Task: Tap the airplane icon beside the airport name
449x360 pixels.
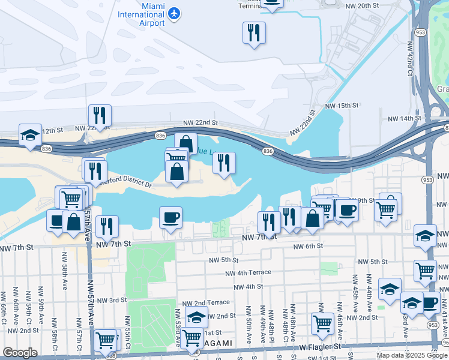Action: pos(175,13)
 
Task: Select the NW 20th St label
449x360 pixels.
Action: pos(363,5)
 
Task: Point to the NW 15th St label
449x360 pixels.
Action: pos(342,106)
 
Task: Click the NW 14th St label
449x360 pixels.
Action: pos(403,118)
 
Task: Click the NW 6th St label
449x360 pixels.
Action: pos(308,246)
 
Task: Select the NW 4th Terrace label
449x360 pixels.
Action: pos(248,272)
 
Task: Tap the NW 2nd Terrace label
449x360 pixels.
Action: pos(207,302)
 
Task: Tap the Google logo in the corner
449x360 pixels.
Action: pos(20,353)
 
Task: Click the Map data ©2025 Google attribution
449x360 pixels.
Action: pos(412,355)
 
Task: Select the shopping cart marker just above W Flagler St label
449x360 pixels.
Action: pos(323,324)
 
